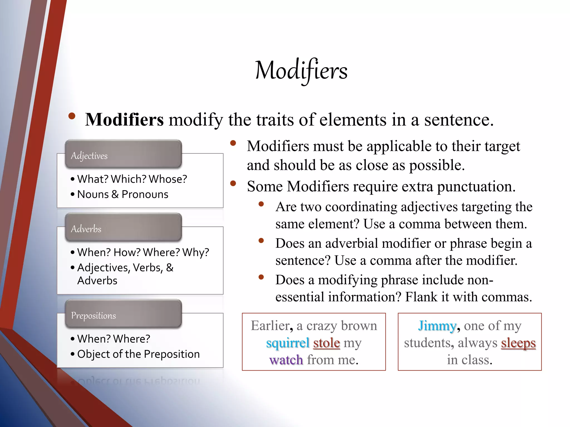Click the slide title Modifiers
point(301,71)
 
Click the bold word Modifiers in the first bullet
point(124,120)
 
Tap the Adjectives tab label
point(89,156)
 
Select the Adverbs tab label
point(86,229)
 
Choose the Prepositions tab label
point(93,316)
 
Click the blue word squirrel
point(288,343)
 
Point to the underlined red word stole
point(326,343)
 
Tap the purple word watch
point(286,360)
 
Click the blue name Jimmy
point(437,326)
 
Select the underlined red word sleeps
point(518,343)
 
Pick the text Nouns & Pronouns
point(123,194)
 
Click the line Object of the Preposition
point(138,354)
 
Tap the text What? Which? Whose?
point(132,179)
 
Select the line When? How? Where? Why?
point(143,252)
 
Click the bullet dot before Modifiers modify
point(72,116)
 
